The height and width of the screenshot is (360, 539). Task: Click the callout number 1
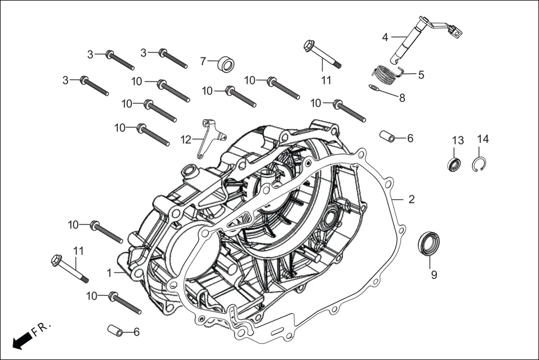(x=109, y=272)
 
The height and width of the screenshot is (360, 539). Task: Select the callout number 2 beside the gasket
(x=411, y=199)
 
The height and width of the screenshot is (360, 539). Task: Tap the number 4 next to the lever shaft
(x=385, y=37)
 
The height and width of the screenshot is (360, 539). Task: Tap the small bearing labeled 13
(x=454, y=164)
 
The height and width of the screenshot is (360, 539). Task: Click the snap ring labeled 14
(x=480, y=166)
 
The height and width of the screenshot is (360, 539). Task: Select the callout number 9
(x=433, y=274)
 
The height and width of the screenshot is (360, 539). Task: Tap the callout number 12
(x=185, y=138)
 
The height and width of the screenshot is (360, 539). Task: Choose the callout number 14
(x=483, y=139)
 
